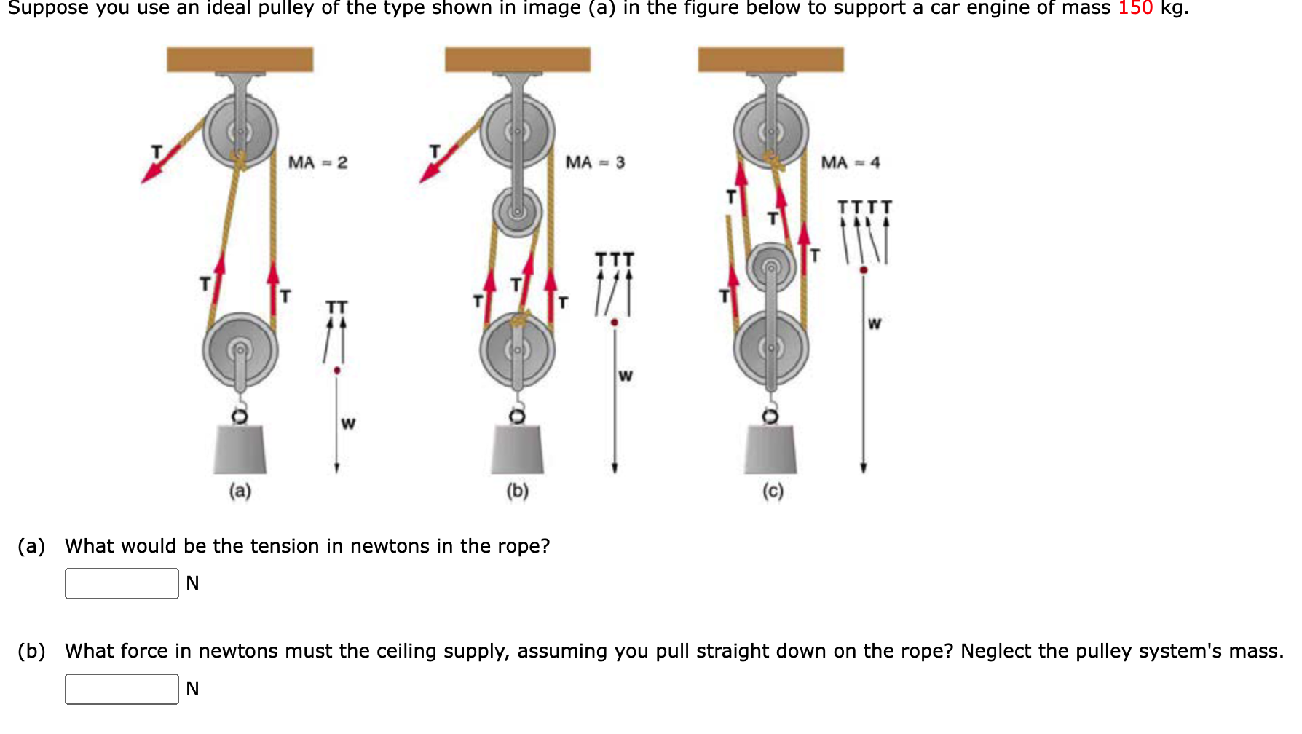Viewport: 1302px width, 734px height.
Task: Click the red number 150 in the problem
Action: pyautogui.click(x=1135, y=8)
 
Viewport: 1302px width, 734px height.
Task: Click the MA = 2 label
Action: pyautogui.click(x=317, y=162)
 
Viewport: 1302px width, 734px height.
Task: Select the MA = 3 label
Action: pyautogui.click(x=595, y=162)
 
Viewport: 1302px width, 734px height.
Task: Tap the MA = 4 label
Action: pyautogui.click(x=850, y=162)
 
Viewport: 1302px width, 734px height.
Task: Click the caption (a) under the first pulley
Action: pyautogui.click(x=240, y=491)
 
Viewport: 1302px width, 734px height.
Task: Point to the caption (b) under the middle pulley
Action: pyautogui.click(x=517, y=491)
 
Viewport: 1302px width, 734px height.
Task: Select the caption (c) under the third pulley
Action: pyautogui.click(x=773, y=491)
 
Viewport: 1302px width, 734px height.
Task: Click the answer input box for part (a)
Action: pyautogui.click(x=122, y=583)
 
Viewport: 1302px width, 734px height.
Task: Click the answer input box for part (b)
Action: pyautogui.click(x=122, y=689)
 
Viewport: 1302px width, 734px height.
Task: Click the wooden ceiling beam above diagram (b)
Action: pyautogui.click(x=517, y=60)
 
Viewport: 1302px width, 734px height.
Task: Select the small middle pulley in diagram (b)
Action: pyautogui.click(x=517, y=212)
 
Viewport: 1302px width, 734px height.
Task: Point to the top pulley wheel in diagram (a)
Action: pyautogui.click(x=240, y=132)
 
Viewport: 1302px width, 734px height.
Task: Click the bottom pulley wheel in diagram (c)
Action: pyautogui.click(x=770, y=347)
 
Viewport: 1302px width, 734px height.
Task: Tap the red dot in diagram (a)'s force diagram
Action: pyautogui.click(x=336, y=371)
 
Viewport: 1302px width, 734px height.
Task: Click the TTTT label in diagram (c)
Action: pyautogui.click(x=864, y=207)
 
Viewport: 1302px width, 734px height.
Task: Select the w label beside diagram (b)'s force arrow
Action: pyautogui.click(x=626, y=376)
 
